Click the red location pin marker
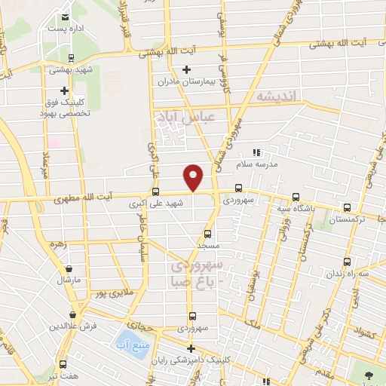pyautogui.click(x=194, y=176)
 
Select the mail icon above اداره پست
pyautogui.click(x=65, y=17)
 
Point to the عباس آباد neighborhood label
pyautogui.click(x=184, y=116)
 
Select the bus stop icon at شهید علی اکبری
pyautogui.click(x=156, y=191)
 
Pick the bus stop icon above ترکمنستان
pyautogui.click(x=347, y=207)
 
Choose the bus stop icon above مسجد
pyautogui.click(x=207, y=234)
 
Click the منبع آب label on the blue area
pyautogui.click(x=129, y=345)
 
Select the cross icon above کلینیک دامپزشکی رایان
pyautogui.click(x=192, y=348)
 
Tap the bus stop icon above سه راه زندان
pyautogui.click(x=347, y=262)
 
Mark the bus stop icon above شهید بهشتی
pyautogui.click(x=71, y=58)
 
